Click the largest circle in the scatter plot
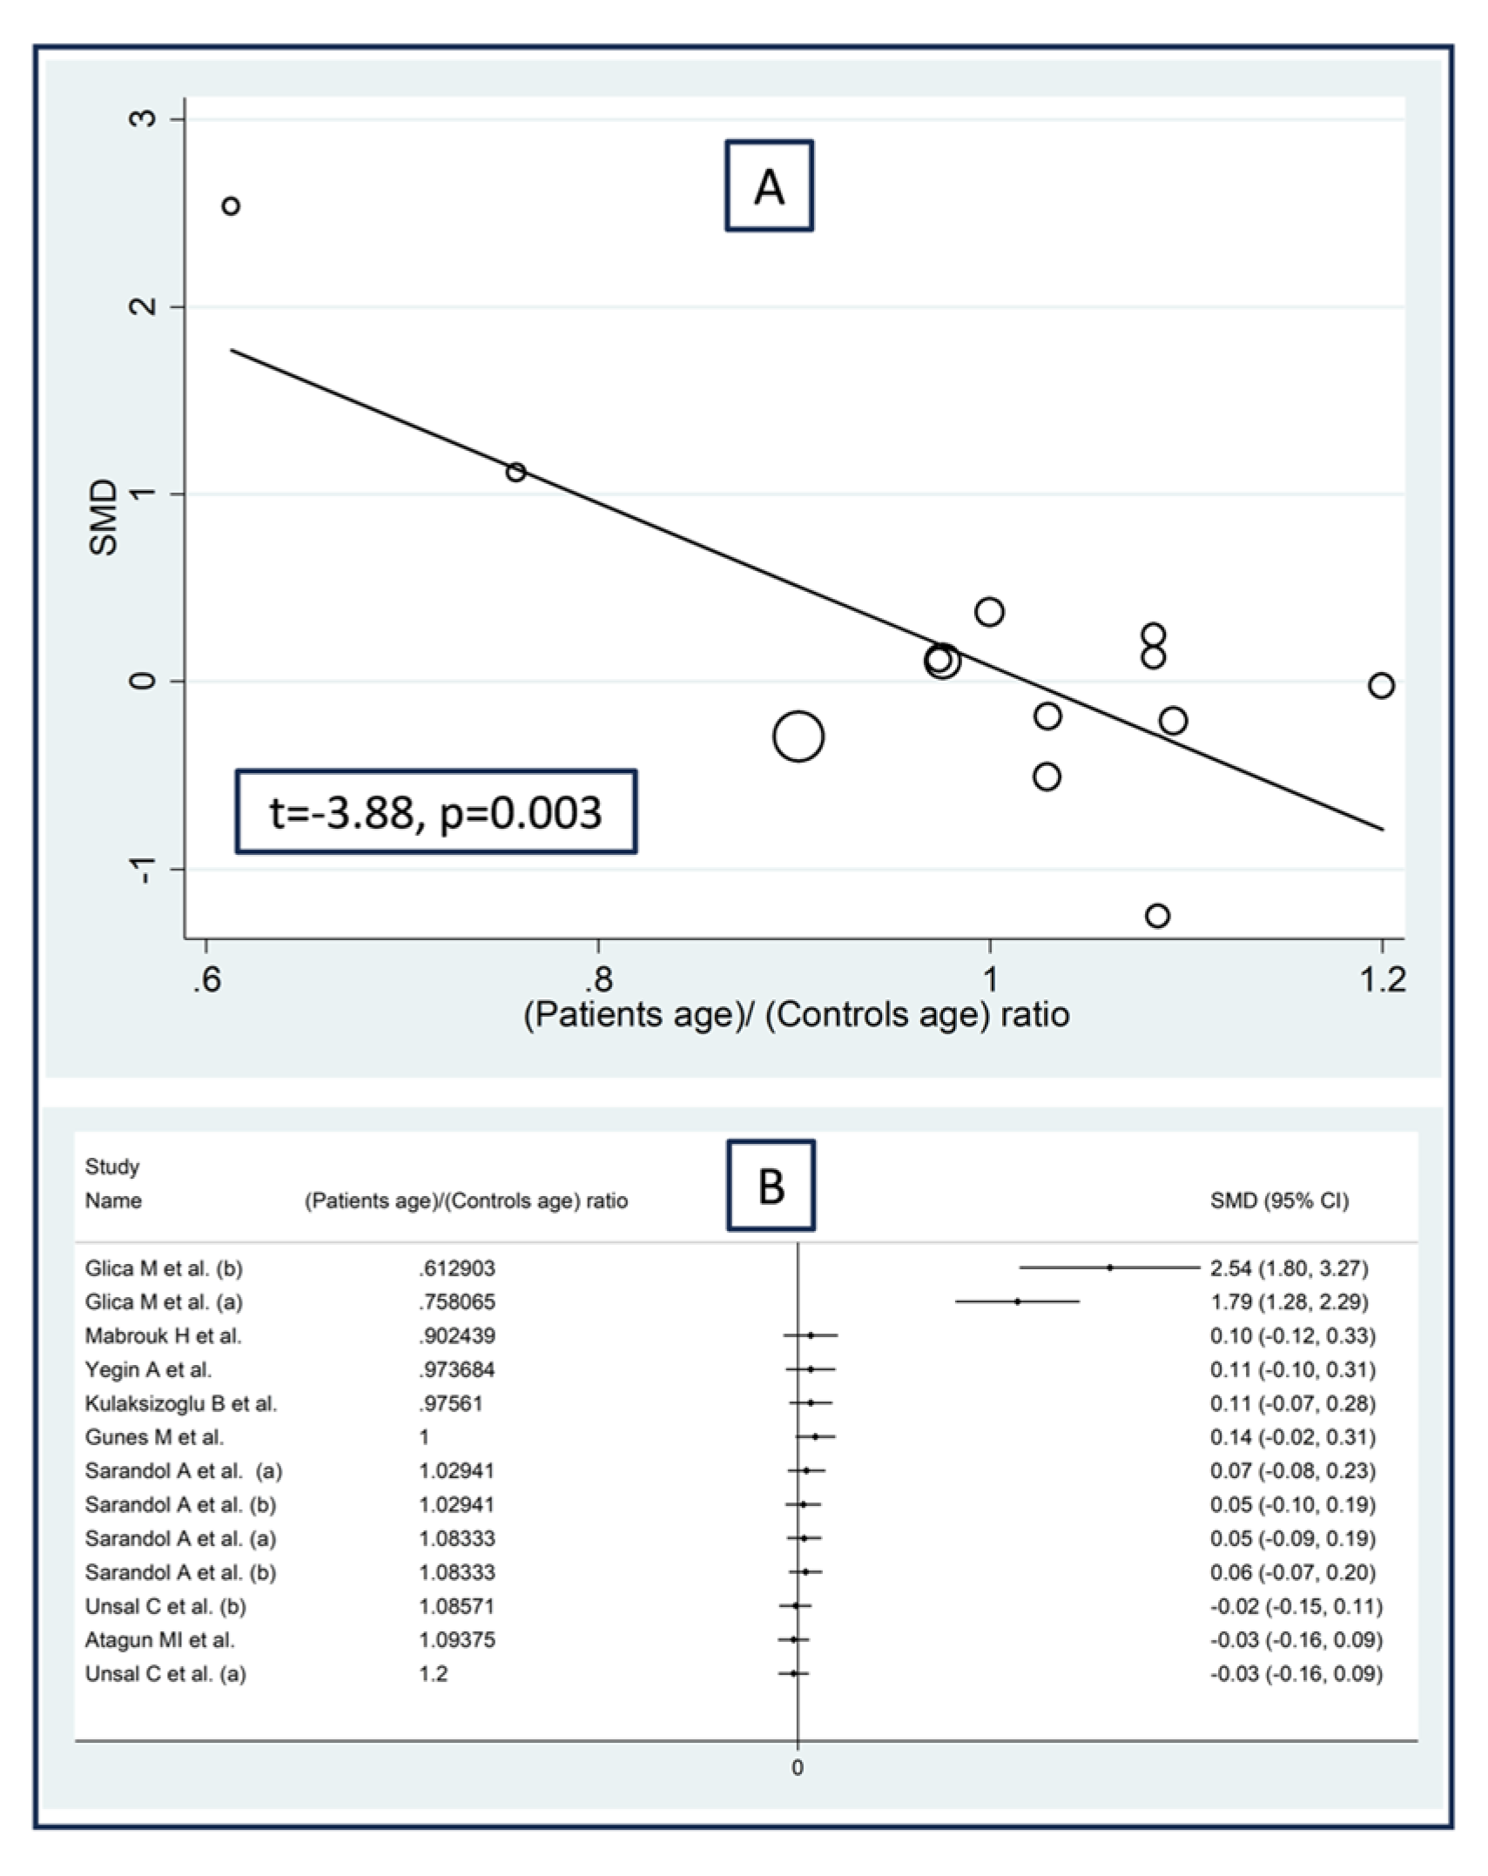tap(798, 736)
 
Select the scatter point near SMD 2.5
tap(231, 206)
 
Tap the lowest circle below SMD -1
tap(1157, 916)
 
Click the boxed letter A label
tap(769, 186)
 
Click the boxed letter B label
tap(771, 1186)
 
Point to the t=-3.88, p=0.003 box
tap(435, 811)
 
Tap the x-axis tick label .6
tap(205, 980)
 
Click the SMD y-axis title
tap(104, 517)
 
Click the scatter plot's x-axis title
tap(796, 1015)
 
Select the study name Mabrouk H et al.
tap(163, 1335)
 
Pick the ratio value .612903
tap(456, 1268)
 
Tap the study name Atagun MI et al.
tap(159, 1640)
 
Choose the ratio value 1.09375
tap(456, 1640)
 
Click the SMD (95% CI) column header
tap(1278, 1201)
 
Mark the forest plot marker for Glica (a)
tap(1017, 1301)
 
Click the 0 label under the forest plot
tap(797, 1768)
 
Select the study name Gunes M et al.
tap(154, 1437)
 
